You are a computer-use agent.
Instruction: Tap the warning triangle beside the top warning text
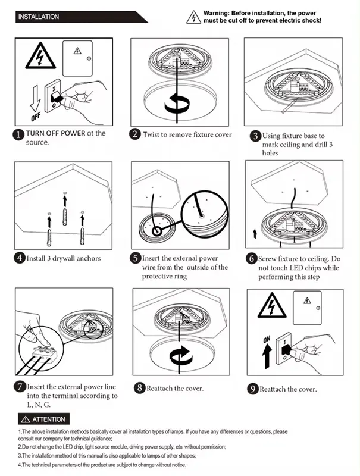[x=195, y=17]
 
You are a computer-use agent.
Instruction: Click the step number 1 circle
[x=18, y=135]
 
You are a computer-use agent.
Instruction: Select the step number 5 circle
[x=136, y=259]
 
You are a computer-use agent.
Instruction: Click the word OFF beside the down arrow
[x=33, y=111]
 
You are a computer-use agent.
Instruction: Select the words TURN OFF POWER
[x=55, y=133]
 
